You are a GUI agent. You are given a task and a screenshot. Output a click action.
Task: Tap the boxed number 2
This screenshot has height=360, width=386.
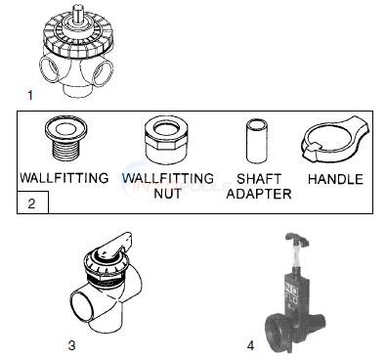pyautogui.click(x=31, y=204)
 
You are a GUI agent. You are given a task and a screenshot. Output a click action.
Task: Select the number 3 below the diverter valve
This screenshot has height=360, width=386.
pyautogui.click(x=71, y=343)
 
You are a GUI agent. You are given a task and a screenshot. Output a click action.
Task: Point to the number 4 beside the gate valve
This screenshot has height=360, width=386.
pyautogui.click(x=250, y=343)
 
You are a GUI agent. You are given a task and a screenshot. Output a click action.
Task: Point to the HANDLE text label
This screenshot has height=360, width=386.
pyautogui.click(x=334, y=180)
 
